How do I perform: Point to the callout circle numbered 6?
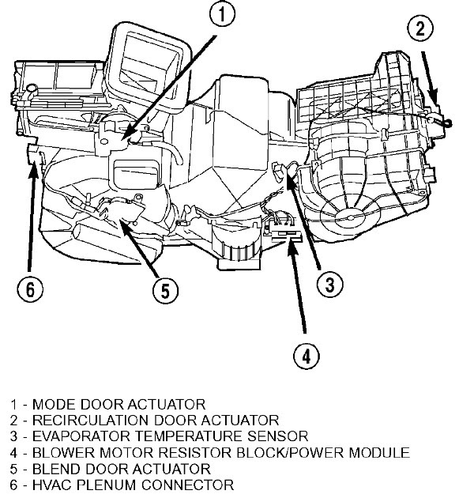point(30,289)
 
